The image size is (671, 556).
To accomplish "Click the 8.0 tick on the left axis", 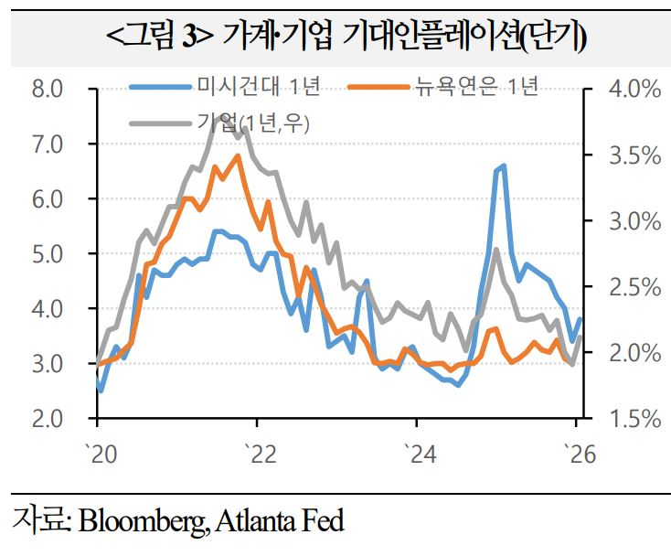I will pyautogui.click(x=47, y=90).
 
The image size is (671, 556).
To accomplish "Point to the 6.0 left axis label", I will pyautogui.click(x=47, y=199).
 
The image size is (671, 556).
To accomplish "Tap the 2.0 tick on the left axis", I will pyautogui.click(x=47, y=419).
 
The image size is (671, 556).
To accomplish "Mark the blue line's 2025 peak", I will pyautogui.click(x=504, y=166).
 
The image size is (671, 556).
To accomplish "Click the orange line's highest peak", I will pyautogui.click(x=239, y=156).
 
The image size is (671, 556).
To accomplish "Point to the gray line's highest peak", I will pyautogui.click(x=218, y=116).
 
